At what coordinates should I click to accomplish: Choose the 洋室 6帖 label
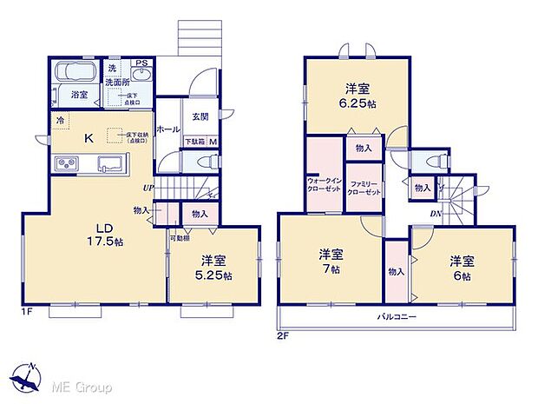[x=461, y=268]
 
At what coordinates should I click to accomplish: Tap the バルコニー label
[x=397, y=317]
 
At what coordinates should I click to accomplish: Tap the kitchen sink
[x=112, y=162]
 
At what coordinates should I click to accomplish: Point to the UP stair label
[x=149, y=186]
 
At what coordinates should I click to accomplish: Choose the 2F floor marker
[x=284, y=334]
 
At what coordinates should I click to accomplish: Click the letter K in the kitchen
[x=88, y=136]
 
